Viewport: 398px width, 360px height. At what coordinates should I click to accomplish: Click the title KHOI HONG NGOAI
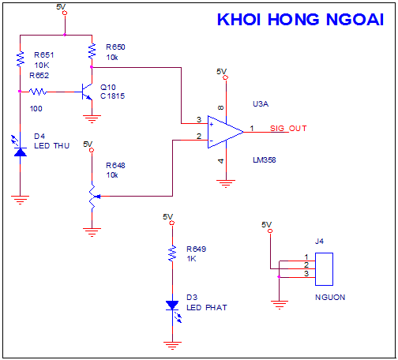300,20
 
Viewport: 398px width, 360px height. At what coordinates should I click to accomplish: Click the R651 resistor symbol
21,59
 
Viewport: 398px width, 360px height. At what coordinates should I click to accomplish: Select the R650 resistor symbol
92,51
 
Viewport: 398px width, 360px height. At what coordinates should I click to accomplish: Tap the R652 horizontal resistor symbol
38,92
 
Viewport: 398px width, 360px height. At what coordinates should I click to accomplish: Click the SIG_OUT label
288,129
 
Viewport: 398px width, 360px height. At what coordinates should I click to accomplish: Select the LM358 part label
265,160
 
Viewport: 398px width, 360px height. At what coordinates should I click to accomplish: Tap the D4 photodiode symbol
19,148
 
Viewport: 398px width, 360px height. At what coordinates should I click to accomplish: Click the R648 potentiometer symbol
93,197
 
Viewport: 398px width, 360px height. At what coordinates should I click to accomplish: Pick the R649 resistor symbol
172,253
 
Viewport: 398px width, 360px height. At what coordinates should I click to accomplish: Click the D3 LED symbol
174,309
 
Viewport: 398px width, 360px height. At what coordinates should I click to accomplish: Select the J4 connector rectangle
324,269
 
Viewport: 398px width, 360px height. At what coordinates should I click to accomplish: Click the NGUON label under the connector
330,298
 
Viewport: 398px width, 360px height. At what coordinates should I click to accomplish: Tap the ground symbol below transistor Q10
92,119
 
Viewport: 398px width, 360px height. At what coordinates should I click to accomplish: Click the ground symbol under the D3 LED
172,345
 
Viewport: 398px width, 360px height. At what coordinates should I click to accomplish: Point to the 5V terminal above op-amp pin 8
226,77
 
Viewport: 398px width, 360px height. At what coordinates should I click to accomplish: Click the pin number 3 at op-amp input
199,119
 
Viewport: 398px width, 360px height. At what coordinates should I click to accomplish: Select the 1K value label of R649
191,259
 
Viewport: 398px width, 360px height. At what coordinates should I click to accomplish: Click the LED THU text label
52,146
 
